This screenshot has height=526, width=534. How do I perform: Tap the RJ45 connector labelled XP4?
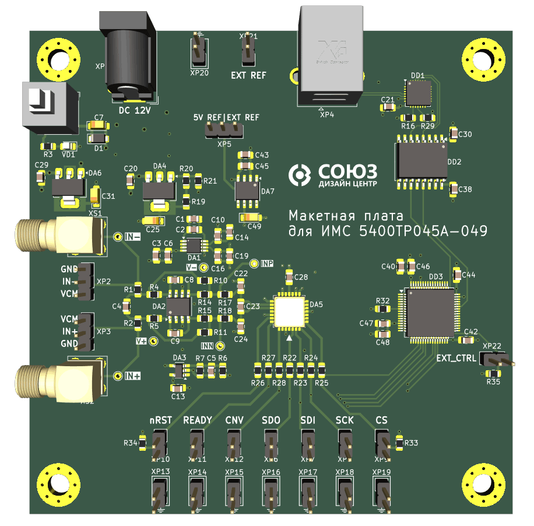point(331,55)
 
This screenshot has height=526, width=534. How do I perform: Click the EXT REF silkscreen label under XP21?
point(248,75)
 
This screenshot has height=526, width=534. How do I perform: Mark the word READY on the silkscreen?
point(198,420)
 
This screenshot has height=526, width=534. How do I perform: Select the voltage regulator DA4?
point(159,189)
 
